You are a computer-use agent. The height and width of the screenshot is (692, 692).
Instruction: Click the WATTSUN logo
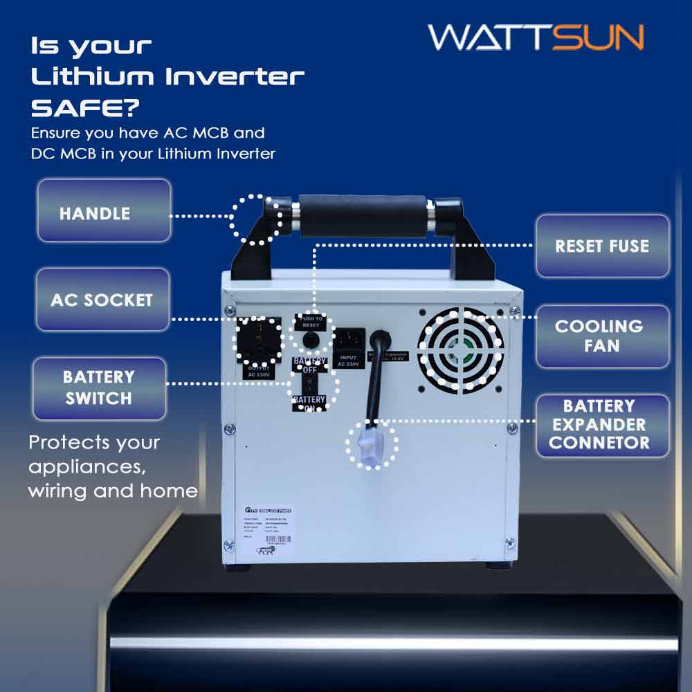[x=536, y=37]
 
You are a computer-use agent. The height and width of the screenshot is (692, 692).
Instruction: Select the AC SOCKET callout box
[x=102, y=300]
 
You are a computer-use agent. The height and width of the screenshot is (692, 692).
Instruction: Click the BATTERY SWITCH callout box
[x=98, y=388]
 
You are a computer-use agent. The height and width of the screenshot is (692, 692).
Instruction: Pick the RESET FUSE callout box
[x=602, y=246]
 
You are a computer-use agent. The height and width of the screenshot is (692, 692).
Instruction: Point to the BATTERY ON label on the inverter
[x=309, y=403]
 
